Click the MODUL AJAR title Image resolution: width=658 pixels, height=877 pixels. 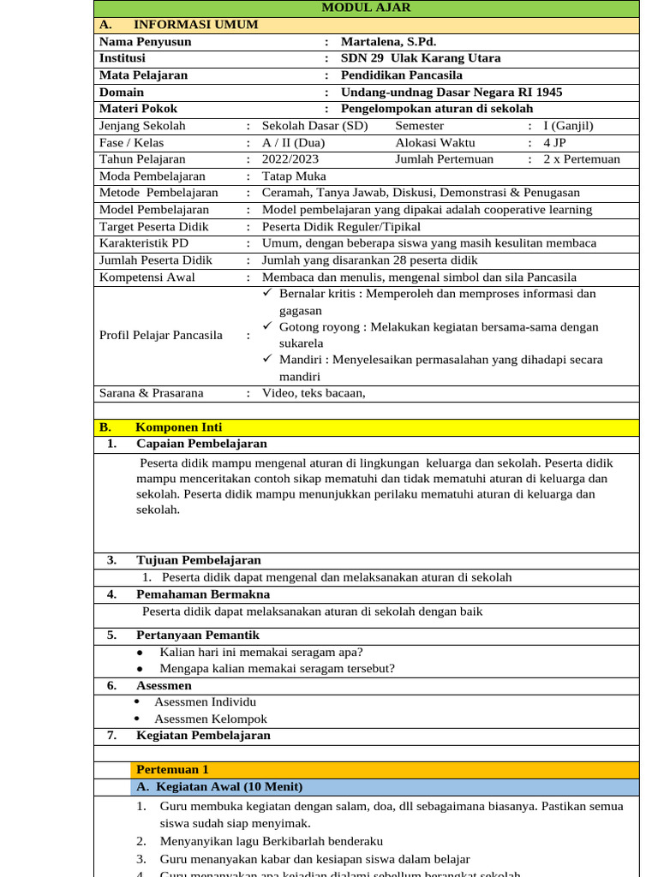click(x=366, y=8)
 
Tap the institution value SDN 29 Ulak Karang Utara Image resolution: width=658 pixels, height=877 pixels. click(x=421, y=58)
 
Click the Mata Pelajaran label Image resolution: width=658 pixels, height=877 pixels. click(x=143, y=75)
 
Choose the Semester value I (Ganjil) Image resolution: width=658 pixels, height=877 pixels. click(x=568, y=126)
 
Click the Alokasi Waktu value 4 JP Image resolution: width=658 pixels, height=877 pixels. click(x=554, y=142)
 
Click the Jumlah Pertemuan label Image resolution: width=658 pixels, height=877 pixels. click(x=444, y=159)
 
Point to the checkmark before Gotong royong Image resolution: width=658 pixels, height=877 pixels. click(x=268, y=326)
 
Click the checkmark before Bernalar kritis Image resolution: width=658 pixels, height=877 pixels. click(x=268, y=293)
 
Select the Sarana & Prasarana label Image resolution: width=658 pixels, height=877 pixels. click(x=152, y=393)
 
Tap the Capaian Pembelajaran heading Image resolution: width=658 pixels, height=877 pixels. click(x=201, y=444)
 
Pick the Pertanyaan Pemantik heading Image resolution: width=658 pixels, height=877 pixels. click(x=197, y=635)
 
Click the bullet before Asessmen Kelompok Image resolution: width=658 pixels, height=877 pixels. click(x=137, y=719)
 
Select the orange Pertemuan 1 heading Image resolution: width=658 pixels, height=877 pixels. click(x=172, y=770)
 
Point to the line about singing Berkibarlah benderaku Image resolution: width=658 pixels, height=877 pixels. click(x=271, y=842)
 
